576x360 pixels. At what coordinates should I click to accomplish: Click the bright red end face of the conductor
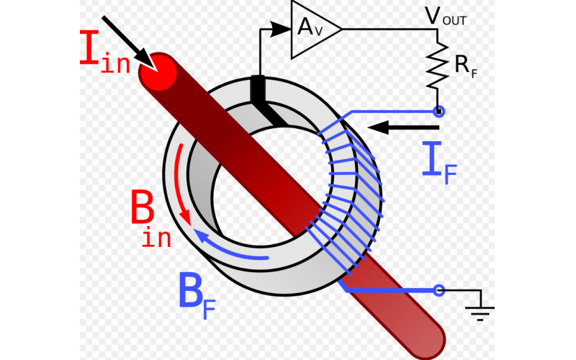click(x=158, y=73)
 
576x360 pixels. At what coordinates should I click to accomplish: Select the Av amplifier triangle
click(x=311, y=29)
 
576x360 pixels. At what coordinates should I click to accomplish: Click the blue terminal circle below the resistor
click(x=437, y=111)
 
